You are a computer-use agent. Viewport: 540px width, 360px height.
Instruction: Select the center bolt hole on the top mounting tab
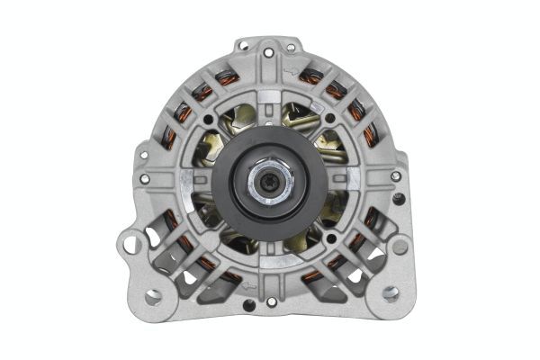(269, 53)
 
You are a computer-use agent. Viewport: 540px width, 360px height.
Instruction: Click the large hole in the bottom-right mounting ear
(390, 292)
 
